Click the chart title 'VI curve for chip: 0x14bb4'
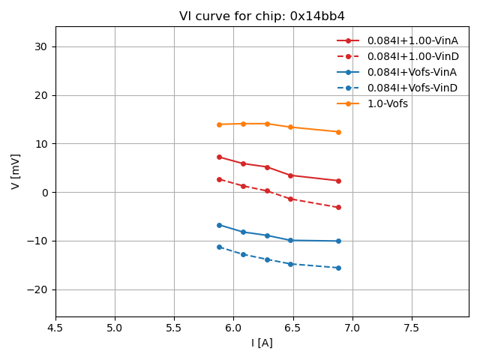click(x=262, y=16)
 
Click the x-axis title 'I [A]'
click(x=262, y=343)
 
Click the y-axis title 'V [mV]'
click(x=16, y=171)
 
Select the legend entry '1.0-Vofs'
click(x=387, y=103)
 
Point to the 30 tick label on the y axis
click(x=40, y=46)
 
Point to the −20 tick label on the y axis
click(x=37, y=289)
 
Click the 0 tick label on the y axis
click(x=44, y=193)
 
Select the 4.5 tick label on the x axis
click(x=55, y=327)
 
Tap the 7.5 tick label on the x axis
click(x=411, y=327)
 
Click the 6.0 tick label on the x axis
click(x=233, y=327)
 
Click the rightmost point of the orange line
click(x=338, y=132)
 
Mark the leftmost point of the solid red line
click(x=219, y=157)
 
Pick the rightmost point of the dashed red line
click(x=338, y=207)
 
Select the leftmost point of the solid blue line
click(x=219, y=225)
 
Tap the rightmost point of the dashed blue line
click(x=338, y=268)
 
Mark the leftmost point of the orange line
click(x=219, y=124)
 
